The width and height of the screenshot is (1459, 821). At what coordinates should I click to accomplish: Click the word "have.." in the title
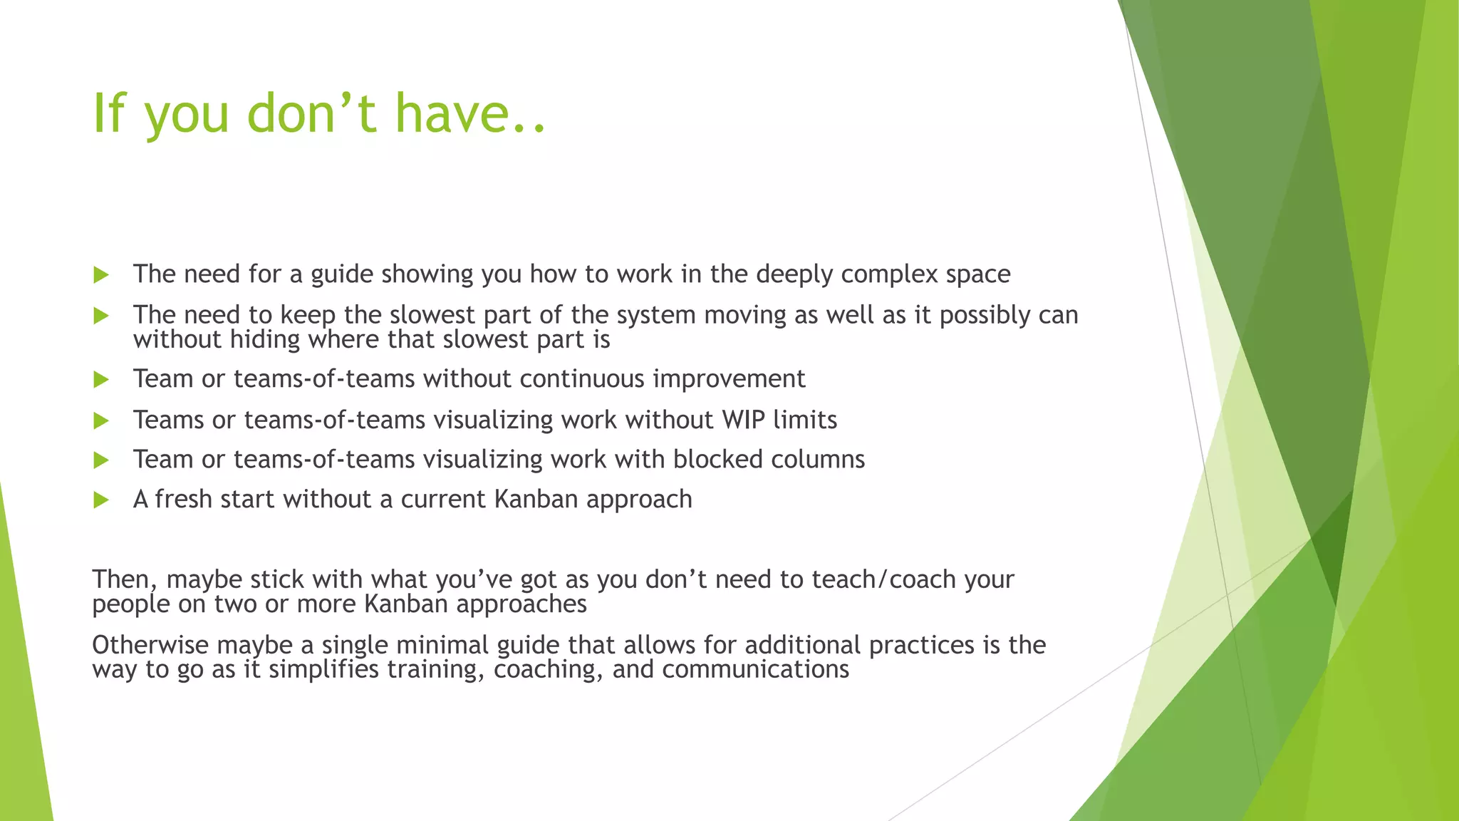(470, 114)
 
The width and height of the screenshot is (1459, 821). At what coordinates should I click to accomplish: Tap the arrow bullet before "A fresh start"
(101, 500)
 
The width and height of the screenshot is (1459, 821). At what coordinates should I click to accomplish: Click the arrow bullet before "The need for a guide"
(101, 275)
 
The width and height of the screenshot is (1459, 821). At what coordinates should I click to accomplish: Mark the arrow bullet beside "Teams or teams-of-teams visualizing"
(101, 421)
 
